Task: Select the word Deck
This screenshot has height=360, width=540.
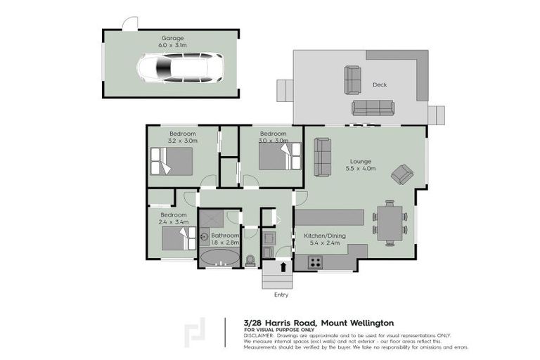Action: [380, 85]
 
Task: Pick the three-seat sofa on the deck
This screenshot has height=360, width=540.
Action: [373, 107]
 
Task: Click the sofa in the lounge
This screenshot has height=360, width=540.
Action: [323, 157]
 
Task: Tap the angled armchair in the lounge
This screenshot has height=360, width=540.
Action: [403, 174]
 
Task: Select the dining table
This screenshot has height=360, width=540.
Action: [389, 221]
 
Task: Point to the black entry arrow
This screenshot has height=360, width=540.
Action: [283, 266]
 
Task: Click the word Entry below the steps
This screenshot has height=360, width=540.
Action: [281, 295]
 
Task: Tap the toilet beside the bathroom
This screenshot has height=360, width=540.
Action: [251, 259]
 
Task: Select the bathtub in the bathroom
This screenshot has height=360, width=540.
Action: [220, 257]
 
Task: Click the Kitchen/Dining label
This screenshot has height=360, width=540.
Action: [322, 236]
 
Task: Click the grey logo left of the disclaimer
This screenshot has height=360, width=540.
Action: [195, 333]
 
